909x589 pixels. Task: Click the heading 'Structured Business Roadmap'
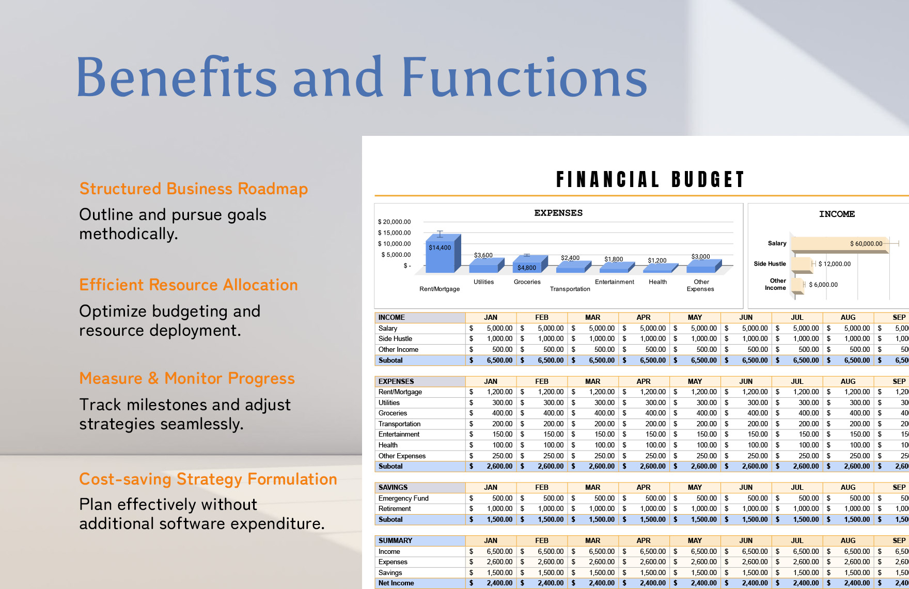194,189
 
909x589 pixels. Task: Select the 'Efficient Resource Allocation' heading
189,285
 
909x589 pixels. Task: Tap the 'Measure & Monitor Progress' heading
187,379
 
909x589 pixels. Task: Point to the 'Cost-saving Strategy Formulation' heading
208,479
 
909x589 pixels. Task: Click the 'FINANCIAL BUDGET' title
650,180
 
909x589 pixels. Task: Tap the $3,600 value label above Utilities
483,255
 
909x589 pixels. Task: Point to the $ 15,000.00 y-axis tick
394,233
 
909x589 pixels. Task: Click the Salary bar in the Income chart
837,244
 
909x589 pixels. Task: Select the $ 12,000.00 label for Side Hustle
834,264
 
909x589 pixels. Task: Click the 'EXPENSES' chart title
558,213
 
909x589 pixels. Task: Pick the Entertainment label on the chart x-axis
614,282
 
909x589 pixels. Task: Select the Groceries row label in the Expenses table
393,413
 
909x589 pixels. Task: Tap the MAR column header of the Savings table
592,487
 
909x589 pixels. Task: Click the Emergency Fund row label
403,498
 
